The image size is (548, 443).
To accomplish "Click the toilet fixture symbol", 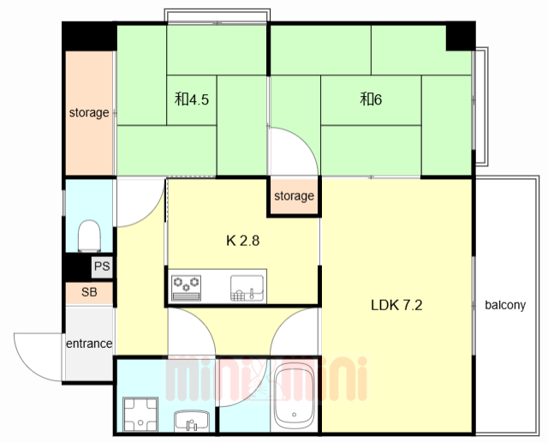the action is coord(89,236).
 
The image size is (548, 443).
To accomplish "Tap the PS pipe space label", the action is coord(102,266).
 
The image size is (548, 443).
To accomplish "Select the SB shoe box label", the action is coord(89,292).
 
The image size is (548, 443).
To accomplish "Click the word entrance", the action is coord(89,344).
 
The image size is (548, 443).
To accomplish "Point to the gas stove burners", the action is coord(187,288).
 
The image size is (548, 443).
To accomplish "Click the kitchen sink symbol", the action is coord(247,288).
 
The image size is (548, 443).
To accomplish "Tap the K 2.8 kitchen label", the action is coord(243,241).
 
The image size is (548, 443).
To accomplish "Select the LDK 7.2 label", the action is coord(396,305).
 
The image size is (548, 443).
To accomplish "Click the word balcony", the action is coord(505,305).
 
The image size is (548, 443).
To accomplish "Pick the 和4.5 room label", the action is coord(192,99).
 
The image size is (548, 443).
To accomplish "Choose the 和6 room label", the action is coord(371,99).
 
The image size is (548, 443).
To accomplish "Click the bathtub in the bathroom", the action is coord(295,396).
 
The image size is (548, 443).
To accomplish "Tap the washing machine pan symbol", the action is coord(140,415).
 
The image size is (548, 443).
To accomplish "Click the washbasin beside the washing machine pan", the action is coord(192,421).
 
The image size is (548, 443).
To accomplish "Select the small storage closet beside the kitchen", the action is coord(294,196).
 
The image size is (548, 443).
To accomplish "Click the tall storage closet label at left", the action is coord(89,112).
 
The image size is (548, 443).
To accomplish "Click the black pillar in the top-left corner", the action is coord(89,36).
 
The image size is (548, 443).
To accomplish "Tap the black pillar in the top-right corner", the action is coord(461,36).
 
